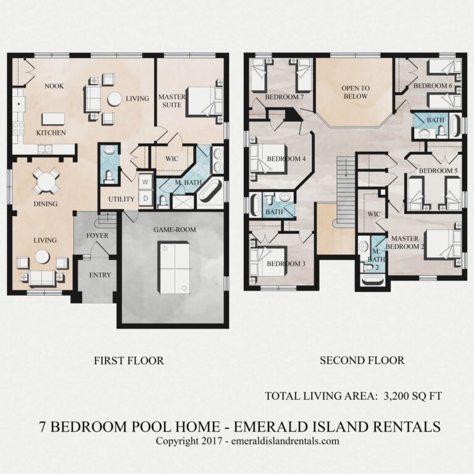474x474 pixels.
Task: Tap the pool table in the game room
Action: (175, 267)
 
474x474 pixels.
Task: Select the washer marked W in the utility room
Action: (145, 182)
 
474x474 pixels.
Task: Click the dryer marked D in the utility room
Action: (145, 199)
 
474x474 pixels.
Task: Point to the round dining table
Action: (46, 181)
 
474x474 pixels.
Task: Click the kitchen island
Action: (53, 118)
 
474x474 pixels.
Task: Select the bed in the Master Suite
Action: (204, 101)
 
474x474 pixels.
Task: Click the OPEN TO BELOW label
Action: (355, 92)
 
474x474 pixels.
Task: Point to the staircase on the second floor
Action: (346, 192)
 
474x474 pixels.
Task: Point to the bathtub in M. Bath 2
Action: (372, 279)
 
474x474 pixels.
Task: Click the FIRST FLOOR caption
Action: (129, 360)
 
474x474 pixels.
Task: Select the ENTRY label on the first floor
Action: (99, 275)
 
